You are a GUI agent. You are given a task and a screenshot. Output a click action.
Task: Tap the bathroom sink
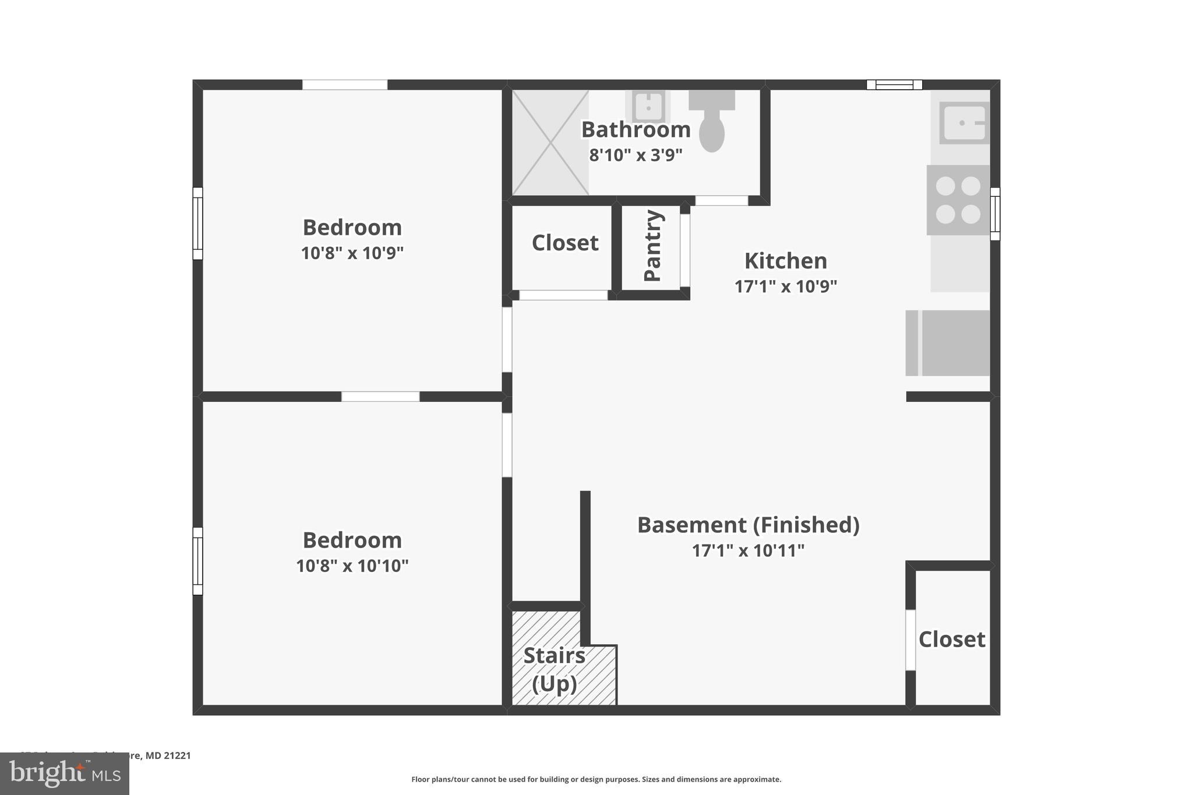coord(647,107)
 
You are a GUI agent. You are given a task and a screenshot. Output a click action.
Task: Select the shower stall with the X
coord(550,143)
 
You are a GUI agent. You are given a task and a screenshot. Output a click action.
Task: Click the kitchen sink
coord(964,123)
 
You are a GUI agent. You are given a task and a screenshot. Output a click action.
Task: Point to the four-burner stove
coord(958,200)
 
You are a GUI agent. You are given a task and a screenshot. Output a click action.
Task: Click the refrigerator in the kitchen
coord(948,343)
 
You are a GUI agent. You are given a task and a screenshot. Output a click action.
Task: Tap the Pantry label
coord(653,246)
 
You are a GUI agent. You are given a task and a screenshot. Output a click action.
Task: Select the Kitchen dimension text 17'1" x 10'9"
coord(785,287)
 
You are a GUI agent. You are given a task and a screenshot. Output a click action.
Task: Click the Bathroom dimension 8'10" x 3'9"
coord(636,156)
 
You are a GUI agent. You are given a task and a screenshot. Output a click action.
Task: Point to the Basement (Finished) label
coord(748,525)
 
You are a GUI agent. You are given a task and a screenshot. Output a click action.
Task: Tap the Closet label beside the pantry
coord(565,243)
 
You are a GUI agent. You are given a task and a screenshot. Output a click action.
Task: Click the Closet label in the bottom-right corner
coord(951,639)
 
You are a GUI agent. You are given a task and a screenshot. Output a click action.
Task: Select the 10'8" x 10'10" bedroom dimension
coord(352,566)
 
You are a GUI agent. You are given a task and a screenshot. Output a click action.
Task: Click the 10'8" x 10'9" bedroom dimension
coord(352,253)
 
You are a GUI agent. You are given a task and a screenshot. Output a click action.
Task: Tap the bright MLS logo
coord(65,773)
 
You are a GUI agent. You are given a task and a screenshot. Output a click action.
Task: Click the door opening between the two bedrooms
coord(380,397)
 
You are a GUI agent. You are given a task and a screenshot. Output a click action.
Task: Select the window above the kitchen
coord(894,85)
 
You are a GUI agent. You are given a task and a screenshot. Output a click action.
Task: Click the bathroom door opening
coord(721,200)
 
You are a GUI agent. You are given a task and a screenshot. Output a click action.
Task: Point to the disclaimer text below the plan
coord(596,779)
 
